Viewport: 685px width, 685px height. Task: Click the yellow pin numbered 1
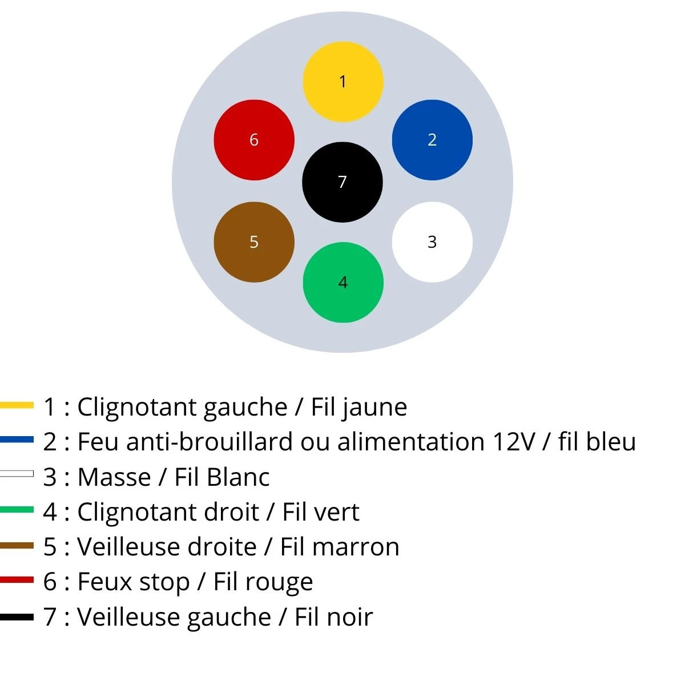click(342, 82)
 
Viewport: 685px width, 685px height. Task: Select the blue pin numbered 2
click(432, 140)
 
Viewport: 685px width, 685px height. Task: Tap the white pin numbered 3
click(432, 242)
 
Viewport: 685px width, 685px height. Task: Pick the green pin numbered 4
click(342, 283)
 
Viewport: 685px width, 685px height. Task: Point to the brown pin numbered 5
click(254, 242)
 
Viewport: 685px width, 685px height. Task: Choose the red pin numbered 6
click(254, 140)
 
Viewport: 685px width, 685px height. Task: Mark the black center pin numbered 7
click(342, 182)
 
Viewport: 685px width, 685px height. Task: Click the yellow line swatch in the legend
click(17, 405)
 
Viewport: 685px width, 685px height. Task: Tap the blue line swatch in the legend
click(17, 440)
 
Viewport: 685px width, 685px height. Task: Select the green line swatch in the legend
click(17, 510)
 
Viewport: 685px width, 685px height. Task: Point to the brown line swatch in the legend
click(17, 545)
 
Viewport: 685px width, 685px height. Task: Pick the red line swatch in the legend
click(17, 580)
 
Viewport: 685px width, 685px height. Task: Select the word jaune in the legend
click(375, 408)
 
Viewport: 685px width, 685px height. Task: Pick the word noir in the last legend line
click(349, 617)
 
